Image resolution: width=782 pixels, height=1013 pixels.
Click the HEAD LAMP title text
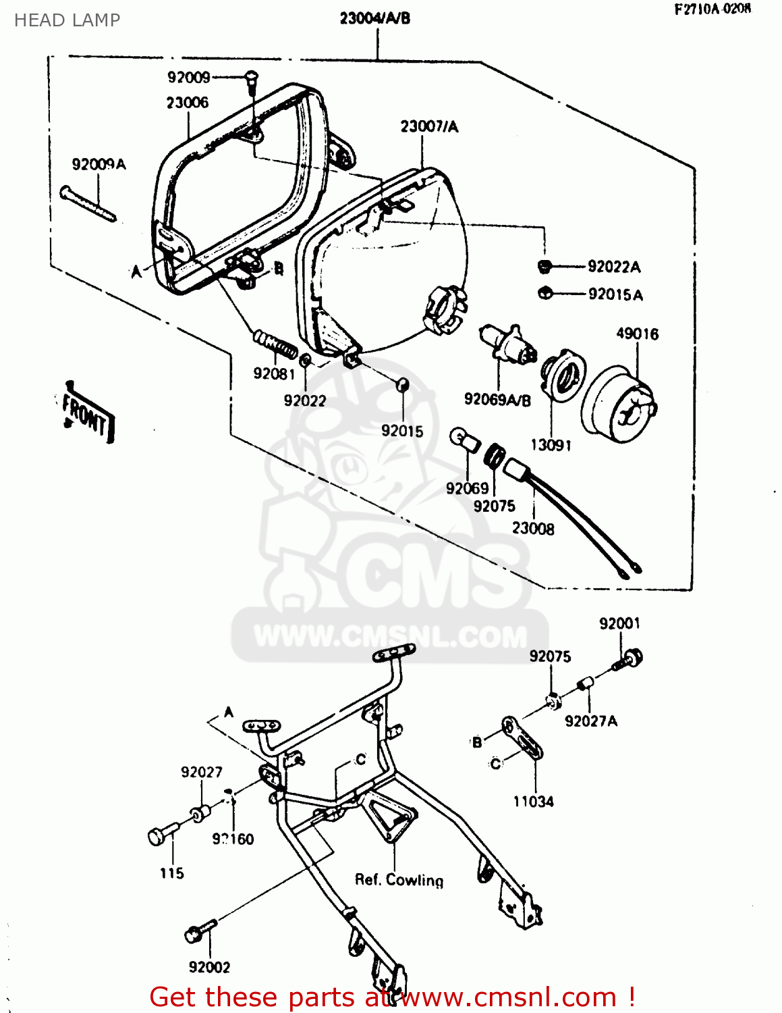coord(67,20)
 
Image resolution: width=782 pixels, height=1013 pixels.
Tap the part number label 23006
coord(187,103)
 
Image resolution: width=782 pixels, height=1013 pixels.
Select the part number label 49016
coord(637,334)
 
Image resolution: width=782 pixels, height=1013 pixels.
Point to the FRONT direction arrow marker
coord(86,413)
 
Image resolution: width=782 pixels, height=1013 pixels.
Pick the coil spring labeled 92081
coord(275,344)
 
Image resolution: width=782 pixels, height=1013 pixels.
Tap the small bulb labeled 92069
coord(466,440)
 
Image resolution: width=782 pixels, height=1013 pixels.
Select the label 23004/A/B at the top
coord(374,18)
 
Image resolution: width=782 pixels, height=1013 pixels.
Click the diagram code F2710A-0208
coord(712,9)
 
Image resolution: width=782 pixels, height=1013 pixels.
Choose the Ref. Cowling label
coord(399,880)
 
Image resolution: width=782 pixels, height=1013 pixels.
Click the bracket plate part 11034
coord(522,739)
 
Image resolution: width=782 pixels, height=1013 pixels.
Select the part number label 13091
coord(551,445)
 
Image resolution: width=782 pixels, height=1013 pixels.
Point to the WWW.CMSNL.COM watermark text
coord(390,636)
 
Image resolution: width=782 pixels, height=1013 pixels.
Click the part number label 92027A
coord(590,721)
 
